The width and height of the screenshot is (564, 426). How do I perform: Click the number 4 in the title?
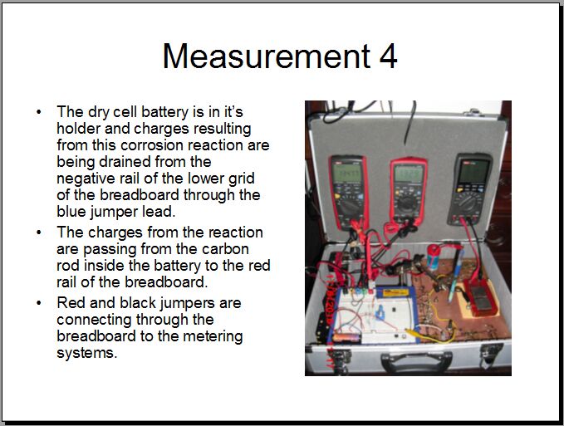point(388,56)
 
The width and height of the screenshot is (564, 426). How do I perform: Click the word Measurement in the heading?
point(267,56)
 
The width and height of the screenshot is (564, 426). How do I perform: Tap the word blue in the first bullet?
point(71,212)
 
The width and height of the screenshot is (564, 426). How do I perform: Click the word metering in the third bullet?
point(213,337)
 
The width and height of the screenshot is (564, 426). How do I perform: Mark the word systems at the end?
point(87,353)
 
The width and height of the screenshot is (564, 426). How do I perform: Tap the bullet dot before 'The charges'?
point(39,233)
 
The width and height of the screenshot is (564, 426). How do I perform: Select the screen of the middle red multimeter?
point(408,174)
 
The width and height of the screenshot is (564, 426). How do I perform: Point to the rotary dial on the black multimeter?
point(467,203)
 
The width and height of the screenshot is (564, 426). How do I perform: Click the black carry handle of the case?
point(416,360)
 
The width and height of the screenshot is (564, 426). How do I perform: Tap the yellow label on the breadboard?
point(395,292)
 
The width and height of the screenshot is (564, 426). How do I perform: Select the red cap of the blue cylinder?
point(434,249)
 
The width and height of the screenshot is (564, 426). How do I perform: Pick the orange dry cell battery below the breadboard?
point(346,338)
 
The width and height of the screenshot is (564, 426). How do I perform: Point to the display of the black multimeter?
point(474,171)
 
